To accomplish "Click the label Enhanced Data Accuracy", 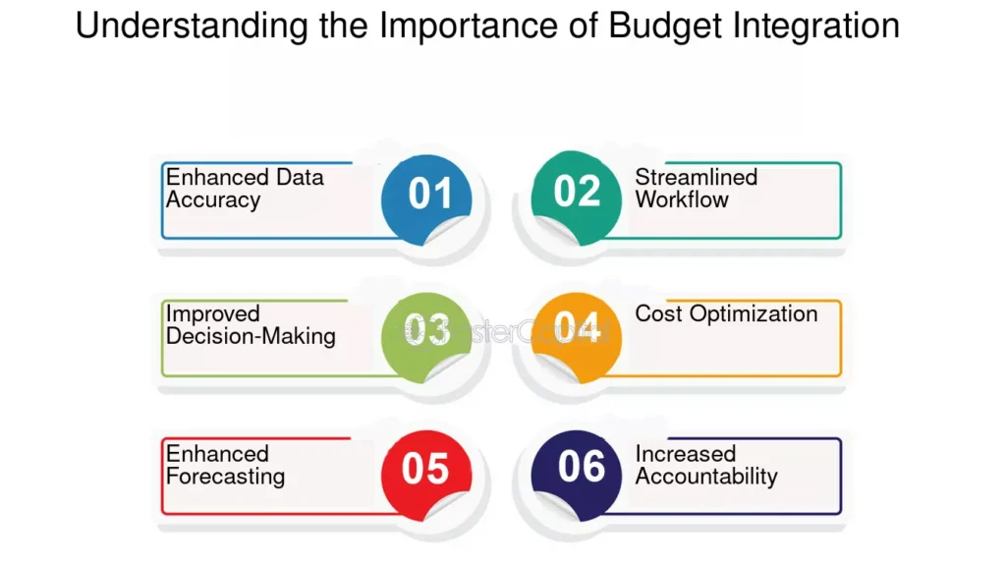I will tap(244, 189).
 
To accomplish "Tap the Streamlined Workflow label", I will tap(696, 189).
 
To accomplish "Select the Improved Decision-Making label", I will tap(251, 325).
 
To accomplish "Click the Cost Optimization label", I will tap(726, 314).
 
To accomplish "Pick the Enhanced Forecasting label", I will tap(225, 465).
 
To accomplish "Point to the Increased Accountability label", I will tap(705, 465).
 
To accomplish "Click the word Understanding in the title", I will tap(192, 26).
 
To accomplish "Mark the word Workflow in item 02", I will tap(682, 199).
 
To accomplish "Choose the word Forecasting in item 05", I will tap(225, 477).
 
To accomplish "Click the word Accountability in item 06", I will tap(705, 477).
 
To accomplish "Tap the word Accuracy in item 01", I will tap(213, 200).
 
